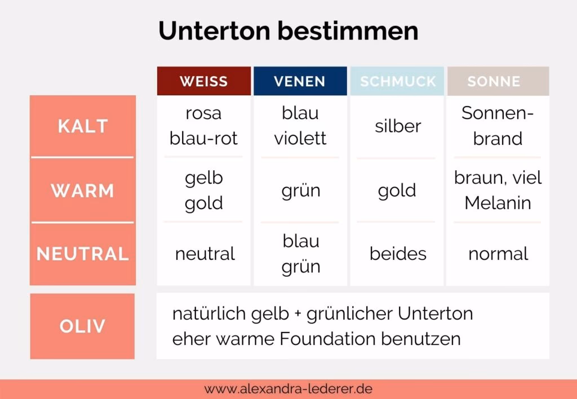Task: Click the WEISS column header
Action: pyautogui.click(x=204, y=81)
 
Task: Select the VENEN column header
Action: pyautogui.click(x=300, y=81)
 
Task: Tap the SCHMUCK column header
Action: pyautogui.click(x=397, y=81)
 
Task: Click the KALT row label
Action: pyautogui.click(x=83, y=126)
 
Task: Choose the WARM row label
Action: pyautogui.click(x=82, y=190)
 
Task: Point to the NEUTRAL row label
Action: pyautogui.click(x=83, y=254)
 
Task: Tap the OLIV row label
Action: pyautogui.click(x=82, y=326)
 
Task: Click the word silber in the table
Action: pyautogui.click(x=398, y=126)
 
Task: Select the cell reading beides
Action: pyautogui.click(x=398, y=254)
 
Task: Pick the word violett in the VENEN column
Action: pyautogui.click(x=300, y=139)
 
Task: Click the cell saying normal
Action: pyautogui.click(x=498, y=254)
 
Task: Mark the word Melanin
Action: pyautogui.click(x=498, y=203)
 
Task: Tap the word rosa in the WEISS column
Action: pyautogui.click(x=203, y=113)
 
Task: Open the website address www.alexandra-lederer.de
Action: pyautogui.click(x=288, y=389)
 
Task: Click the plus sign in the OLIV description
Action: pyautogui.click(x=298, y=314)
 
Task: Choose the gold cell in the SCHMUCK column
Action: pyautogui.click(x=397, y=191)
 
